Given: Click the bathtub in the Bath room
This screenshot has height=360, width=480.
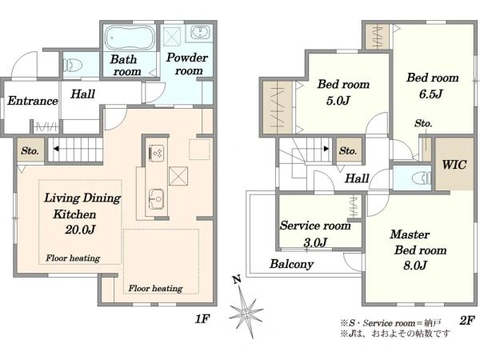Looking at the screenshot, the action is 130,38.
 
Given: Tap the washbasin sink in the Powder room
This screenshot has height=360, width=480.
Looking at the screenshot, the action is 200,32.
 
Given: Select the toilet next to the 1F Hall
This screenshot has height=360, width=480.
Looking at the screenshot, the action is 73,65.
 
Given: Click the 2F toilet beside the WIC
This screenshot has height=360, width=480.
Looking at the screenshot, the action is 422,178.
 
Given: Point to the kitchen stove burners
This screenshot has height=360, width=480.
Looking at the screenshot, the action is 156,152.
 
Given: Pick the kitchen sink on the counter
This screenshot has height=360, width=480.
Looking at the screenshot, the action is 156,199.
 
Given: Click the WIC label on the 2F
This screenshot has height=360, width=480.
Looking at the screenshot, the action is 454,165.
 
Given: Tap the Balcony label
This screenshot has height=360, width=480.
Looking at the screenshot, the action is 291,263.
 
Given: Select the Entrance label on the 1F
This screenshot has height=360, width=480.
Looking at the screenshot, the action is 33,101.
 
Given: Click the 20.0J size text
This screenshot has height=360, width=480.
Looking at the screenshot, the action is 80,229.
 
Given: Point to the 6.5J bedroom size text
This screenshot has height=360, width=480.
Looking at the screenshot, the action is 430,94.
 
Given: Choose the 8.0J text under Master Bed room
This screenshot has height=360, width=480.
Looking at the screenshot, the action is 415,265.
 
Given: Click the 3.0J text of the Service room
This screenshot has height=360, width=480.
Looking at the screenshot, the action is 315,242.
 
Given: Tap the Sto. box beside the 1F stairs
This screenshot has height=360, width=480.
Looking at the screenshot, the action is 30,150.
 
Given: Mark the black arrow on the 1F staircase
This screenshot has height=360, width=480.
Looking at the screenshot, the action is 56,149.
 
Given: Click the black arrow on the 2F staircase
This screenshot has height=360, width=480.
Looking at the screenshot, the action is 326,149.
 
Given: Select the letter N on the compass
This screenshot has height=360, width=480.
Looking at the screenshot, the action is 236,279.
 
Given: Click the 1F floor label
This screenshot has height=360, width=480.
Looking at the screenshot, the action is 202,319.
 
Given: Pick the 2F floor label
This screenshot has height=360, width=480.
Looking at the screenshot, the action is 467,320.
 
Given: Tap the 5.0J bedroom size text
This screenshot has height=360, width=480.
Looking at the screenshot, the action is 338,101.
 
